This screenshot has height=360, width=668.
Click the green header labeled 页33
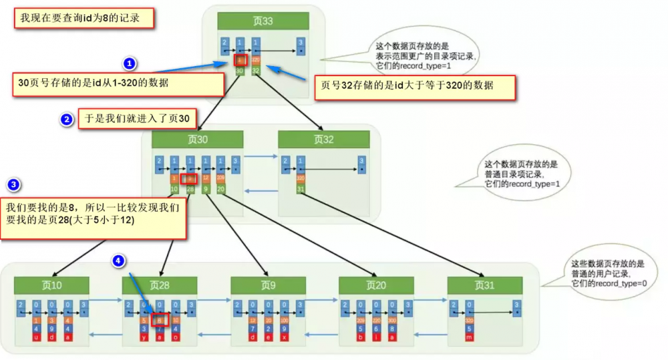[x=263, y=21]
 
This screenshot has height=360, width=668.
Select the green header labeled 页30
[x=197, y=140]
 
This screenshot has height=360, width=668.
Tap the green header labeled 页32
[x=323, y=140]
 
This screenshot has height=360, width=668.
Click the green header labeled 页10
[x=51, y=285]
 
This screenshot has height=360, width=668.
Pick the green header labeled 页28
[x=160, y=285]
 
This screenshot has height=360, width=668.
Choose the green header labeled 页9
[x=268, y=285]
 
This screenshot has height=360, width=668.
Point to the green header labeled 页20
[x=376, y=285]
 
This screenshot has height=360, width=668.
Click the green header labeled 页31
[x=485, y=285]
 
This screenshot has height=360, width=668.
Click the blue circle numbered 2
[x=66, y=120]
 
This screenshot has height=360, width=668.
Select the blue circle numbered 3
[x=13, y=184]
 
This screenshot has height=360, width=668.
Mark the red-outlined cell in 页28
[x=160, y=320]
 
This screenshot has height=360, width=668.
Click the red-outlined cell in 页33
[x=240, y=61]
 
